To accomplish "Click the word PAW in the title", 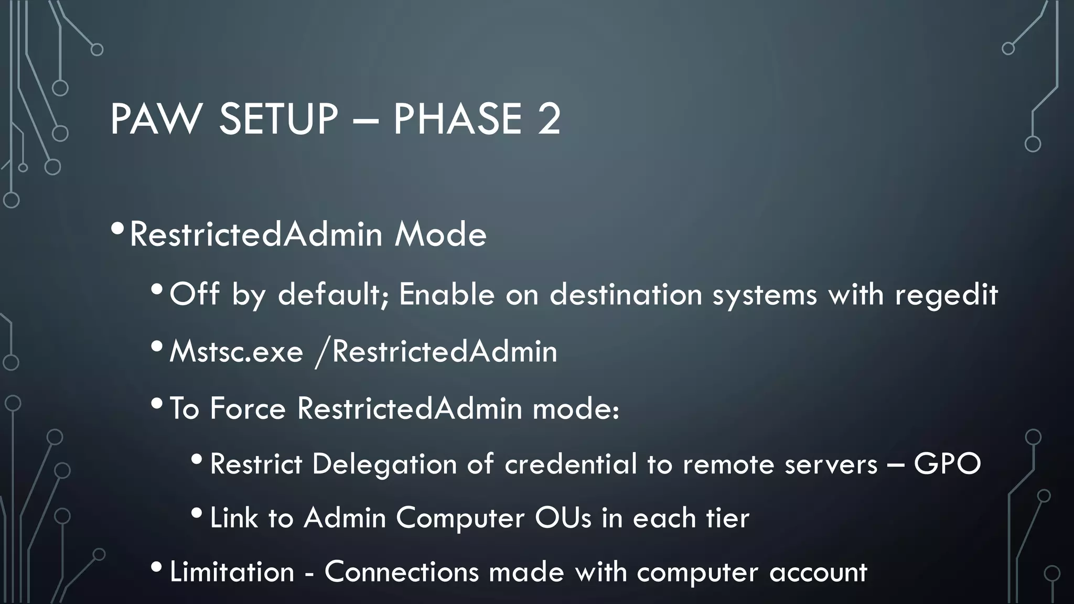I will click(x=156, y=119).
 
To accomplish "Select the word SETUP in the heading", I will click(x=278, y=119).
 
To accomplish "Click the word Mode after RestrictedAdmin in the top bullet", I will click(x=441, y=234).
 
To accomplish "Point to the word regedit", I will click(x=946, y=295).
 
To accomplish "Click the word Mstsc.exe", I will click(x=236, y=351).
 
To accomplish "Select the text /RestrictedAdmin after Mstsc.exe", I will click(x=436, y=351).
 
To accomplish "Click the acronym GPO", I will click(x=947, y=464).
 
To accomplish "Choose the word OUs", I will click(x=563, y=518).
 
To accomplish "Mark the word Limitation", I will click(x=232, y=572).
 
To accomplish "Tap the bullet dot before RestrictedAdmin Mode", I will click(x=118, y=229).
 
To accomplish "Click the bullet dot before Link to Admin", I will click(x=197, y=512).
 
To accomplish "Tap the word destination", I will click(x=626, y=294).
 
